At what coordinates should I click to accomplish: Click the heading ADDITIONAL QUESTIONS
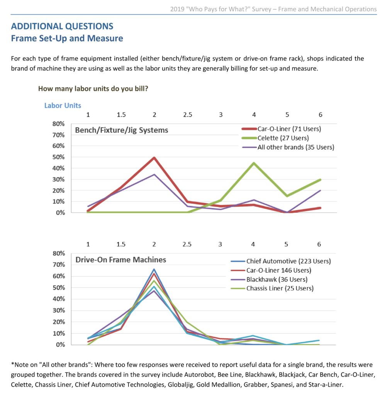[x=62, y=26]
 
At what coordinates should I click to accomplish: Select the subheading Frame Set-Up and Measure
[x=67, y=38]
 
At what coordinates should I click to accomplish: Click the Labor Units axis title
[x=63, y=106]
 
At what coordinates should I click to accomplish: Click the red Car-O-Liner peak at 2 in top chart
[x=154, y=158]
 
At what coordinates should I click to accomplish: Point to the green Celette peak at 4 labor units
[x=254, y=163]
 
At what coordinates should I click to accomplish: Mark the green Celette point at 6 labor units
[x=320, y=179]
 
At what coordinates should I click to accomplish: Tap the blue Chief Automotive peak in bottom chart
[x=154, y=270]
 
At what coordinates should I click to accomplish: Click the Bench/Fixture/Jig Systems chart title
[x=122, y=130]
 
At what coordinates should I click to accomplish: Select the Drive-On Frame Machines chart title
[x=121, y=260]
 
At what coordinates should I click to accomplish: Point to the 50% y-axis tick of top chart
[x=59, y=157]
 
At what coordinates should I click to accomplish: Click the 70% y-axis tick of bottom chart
[x=59, y=265]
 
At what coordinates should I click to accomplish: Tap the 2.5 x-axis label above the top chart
[x=187, y=115]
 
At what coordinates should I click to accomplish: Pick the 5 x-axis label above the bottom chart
[x=286, y=244]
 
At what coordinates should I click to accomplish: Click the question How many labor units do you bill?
[x=93, y=89]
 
